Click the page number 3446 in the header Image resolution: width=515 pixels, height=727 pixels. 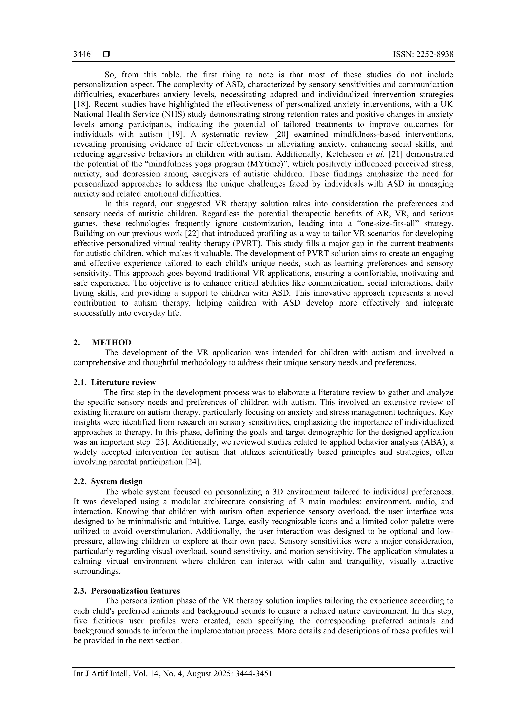tap(82, 54)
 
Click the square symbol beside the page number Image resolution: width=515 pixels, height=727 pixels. tap(106, 54)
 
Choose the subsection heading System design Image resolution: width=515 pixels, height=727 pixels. tap(117, 481)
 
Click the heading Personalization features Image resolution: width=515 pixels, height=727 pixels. tap(135, 591)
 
